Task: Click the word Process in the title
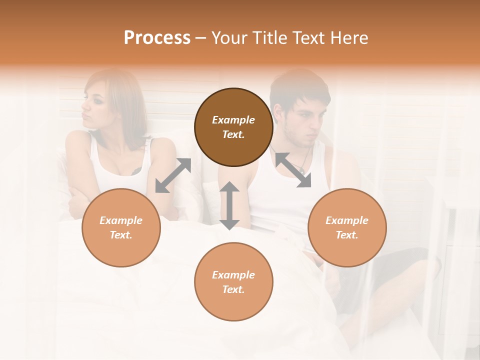tap(157, 38)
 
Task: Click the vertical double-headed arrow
tap(229, 205)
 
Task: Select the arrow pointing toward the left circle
tap(173, 175)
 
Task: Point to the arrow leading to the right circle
tap(293, 170)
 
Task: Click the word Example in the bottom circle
tap(233, 275)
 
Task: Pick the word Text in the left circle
tap(120, 235)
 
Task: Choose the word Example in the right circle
tap(347, 220)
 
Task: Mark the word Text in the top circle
tap(232, 134)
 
